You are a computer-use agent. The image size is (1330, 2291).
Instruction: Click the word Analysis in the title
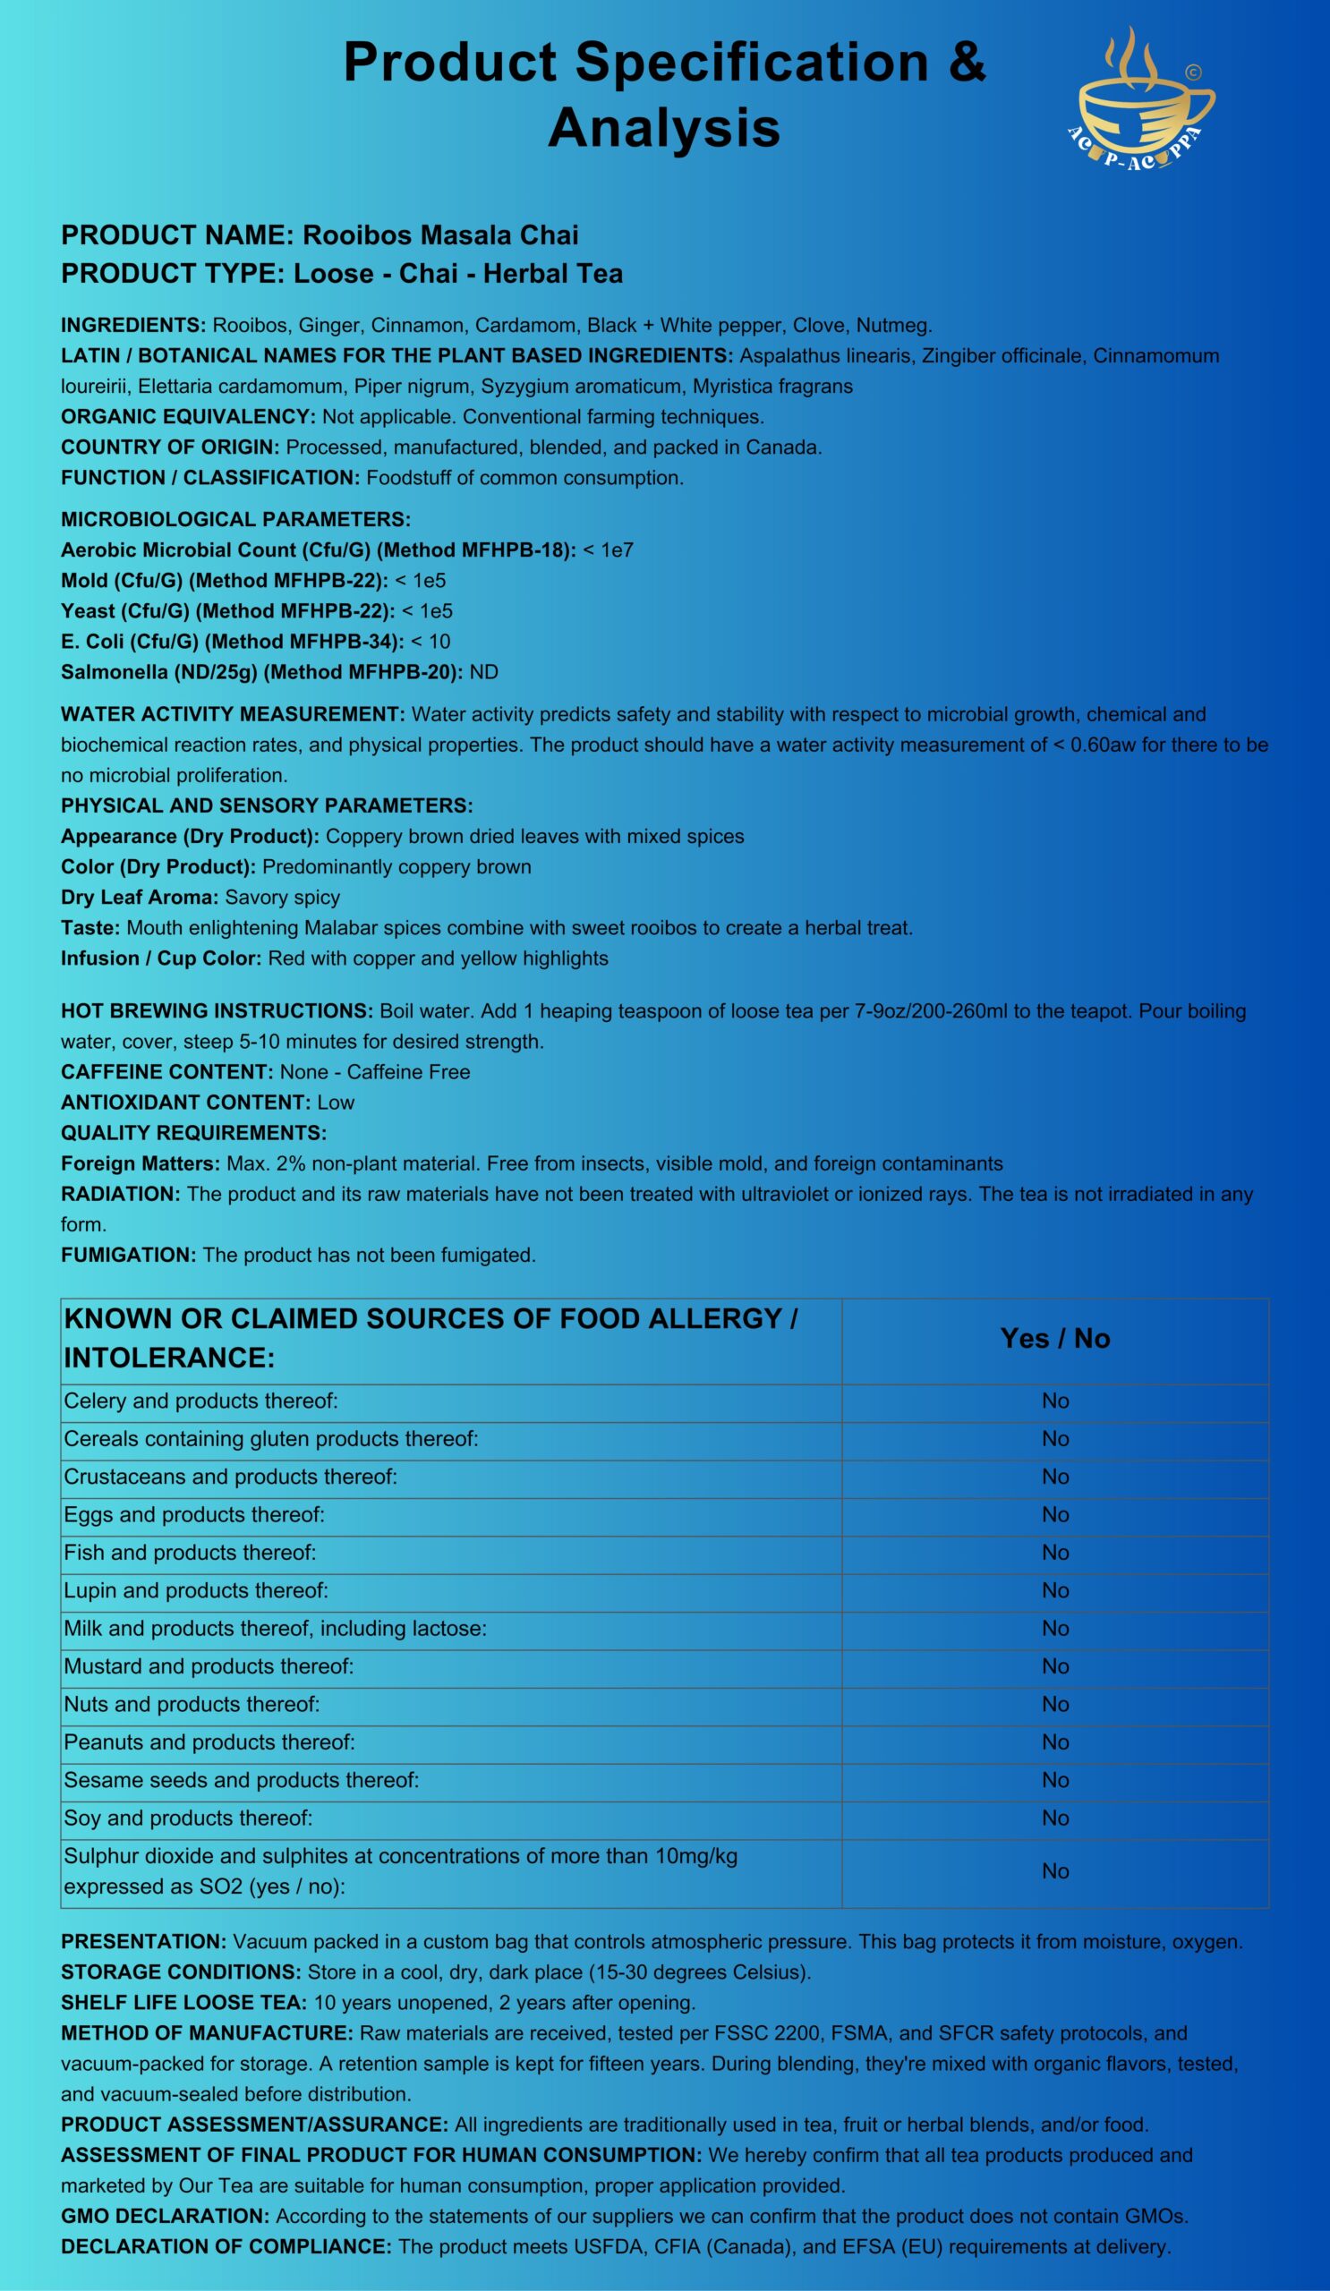tap(663, 127)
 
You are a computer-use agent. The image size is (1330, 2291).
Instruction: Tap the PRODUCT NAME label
tap(176, 234)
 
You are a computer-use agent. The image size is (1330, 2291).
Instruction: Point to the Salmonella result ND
tap(483, 672)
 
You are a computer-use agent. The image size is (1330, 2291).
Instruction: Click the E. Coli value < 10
tap(431, 641)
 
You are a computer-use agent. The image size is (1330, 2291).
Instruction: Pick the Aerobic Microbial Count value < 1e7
tap(609, 549)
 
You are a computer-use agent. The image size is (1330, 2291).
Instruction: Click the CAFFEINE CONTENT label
tap(166, 1072)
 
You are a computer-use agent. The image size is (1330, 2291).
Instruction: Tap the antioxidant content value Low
tap(336, 1102)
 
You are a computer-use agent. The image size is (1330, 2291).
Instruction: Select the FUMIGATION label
tap(128, 1255)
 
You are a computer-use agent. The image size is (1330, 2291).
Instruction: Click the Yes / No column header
tap(1054, 1338)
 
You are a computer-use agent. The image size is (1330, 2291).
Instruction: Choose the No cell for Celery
tap(1054, 1401)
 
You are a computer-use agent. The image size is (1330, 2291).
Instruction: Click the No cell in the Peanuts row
tap(1054, 1742)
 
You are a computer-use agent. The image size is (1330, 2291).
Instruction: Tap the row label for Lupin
tap(195, 1590)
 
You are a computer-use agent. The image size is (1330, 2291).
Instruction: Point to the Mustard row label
tap(209, 1665)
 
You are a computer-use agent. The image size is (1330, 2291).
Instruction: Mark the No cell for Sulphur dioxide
tap(1054, 1871)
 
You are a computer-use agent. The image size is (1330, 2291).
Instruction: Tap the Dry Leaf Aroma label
tap(139, 898)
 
